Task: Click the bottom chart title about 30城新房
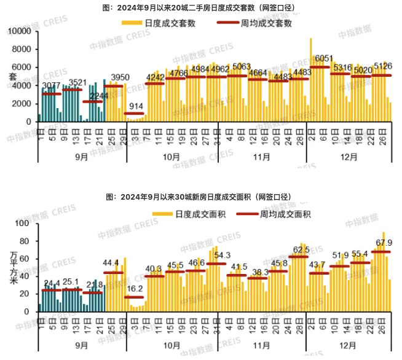(x=200, y=197)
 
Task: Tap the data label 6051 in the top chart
(x=323, y=59)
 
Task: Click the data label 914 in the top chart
(x=136, y=106)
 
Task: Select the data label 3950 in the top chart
(x=117, y=77)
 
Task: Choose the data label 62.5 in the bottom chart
(x=301, y=250)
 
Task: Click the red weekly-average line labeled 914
(x=135, y=114)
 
